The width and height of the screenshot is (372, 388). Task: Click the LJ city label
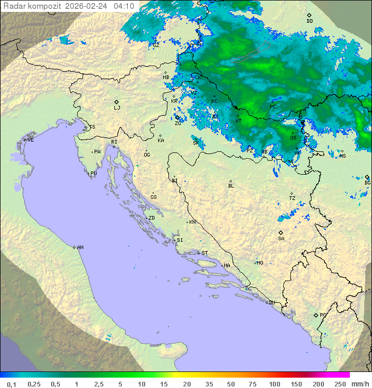click(117, 108)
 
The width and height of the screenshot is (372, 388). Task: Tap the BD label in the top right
click(309, 21)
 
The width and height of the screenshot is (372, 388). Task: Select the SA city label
click(281, 238)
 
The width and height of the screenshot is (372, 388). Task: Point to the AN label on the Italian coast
click(80, 247)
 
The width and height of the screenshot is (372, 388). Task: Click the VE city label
click(30, 140)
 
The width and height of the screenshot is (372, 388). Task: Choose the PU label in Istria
click(94, 174)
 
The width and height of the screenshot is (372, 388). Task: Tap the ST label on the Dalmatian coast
click(205, 253)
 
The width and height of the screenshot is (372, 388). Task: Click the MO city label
click(260, 263)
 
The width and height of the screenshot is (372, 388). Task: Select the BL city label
click(231, 185)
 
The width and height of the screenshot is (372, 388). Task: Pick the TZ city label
click(292, 198)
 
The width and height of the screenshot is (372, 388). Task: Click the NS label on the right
click(343, 156)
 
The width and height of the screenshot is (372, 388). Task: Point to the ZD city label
click(151, 218)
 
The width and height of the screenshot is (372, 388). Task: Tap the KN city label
click(192, 222)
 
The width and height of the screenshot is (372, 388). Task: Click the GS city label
click(153, 197)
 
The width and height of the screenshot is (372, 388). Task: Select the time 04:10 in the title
click(124, 6)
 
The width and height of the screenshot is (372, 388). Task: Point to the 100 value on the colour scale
click(274, 384)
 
